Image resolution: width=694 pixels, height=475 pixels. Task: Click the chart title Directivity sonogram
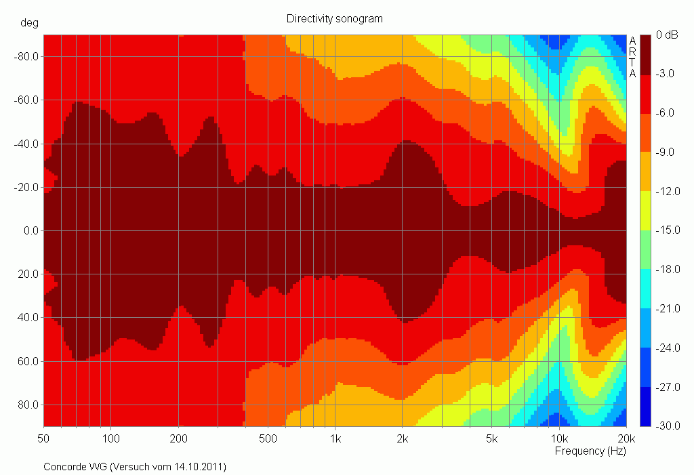tap(334, 19)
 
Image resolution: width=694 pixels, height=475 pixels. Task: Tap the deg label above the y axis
tap(30, 22)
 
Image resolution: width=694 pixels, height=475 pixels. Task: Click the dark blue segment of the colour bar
tap(647, 407)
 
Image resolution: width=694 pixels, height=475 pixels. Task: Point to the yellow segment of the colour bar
tap(647, 211)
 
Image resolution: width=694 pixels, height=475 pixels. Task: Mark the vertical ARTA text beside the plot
tap(632, 58)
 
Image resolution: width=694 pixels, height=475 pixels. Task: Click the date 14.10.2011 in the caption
tap(199, 467)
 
